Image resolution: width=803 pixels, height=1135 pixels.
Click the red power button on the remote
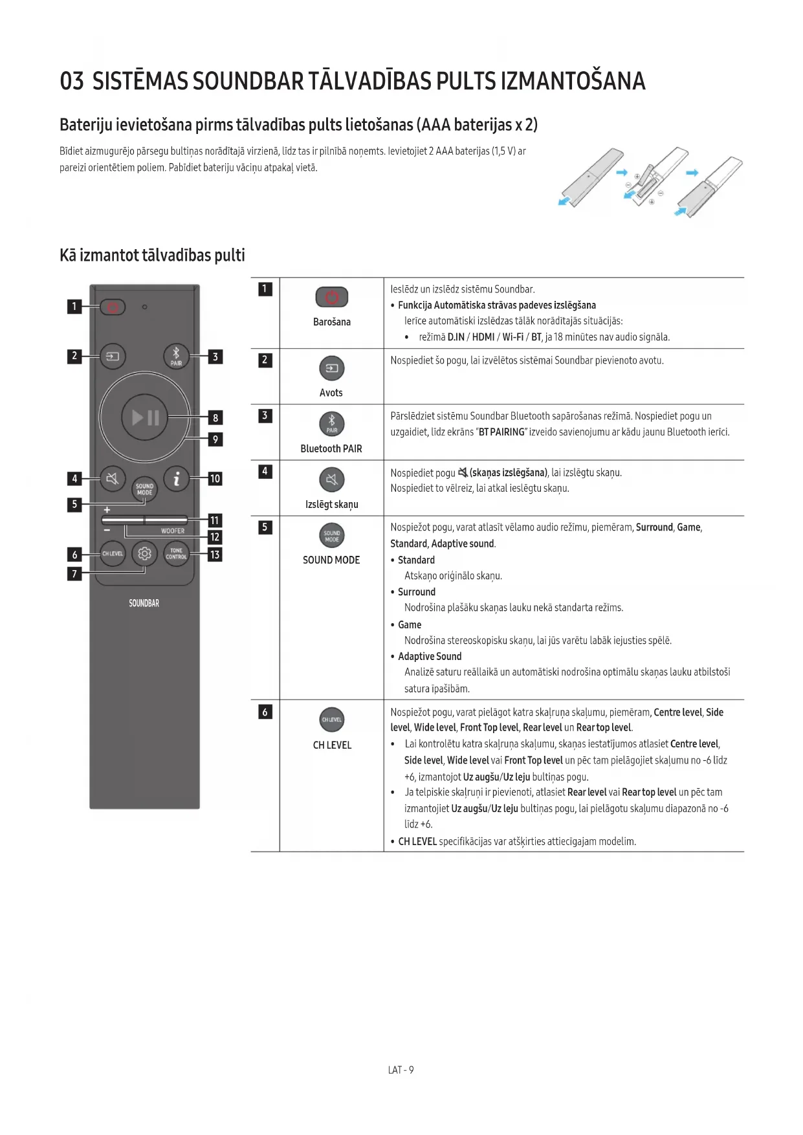tap(113, 307)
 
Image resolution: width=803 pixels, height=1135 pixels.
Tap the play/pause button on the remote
tap(145, 417)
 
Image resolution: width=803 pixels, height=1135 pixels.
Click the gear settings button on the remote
tap(144, 554)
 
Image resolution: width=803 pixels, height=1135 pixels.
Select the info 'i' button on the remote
tap(176, 478)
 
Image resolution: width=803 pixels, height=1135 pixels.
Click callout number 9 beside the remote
tap(215, 439)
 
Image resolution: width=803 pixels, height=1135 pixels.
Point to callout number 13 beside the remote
tap(215, 555)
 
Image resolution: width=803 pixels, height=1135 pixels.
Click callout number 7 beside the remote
tap(74, 573)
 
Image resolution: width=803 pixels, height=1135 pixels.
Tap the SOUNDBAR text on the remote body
tap(144, 603)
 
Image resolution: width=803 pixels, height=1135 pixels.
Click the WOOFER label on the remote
tap(173, 531)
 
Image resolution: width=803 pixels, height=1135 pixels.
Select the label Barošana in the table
tap(331, 322)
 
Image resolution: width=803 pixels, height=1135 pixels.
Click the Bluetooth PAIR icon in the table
tap(331, 424)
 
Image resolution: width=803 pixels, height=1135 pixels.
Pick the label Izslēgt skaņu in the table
tap(331, 504)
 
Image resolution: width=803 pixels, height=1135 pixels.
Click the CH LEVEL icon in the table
tap(331, 720)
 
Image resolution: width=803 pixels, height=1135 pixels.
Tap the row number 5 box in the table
tap(265, 527)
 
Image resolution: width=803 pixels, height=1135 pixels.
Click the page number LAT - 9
tap(401, 1070)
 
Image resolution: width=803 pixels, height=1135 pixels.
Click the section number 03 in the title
tap(72, 82)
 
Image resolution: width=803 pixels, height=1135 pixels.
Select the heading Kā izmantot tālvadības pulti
tap(152, 255)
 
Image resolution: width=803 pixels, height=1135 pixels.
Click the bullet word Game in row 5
tap(409, 624)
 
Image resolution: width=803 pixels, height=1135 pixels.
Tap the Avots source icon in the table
tap(331, 368)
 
